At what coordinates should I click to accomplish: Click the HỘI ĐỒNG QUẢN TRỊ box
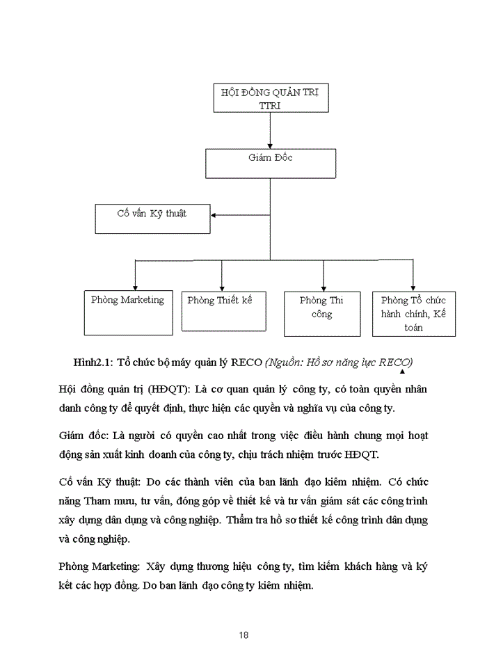point(269,98)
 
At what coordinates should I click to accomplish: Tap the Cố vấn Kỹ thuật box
point(152,218)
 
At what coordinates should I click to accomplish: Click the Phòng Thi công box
point(321,313)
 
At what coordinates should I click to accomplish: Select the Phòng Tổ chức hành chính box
point(413,314)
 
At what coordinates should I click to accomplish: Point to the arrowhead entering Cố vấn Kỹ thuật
point(214,215)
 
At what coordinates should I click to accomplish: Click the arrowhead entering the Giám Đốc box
point(269,144)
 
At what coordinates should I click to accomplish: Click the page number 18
point(243,635)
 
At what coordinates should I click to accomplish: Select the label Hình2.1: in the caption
point(93,363)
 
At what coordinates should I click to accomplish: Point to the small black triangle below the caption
point(401,372)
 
